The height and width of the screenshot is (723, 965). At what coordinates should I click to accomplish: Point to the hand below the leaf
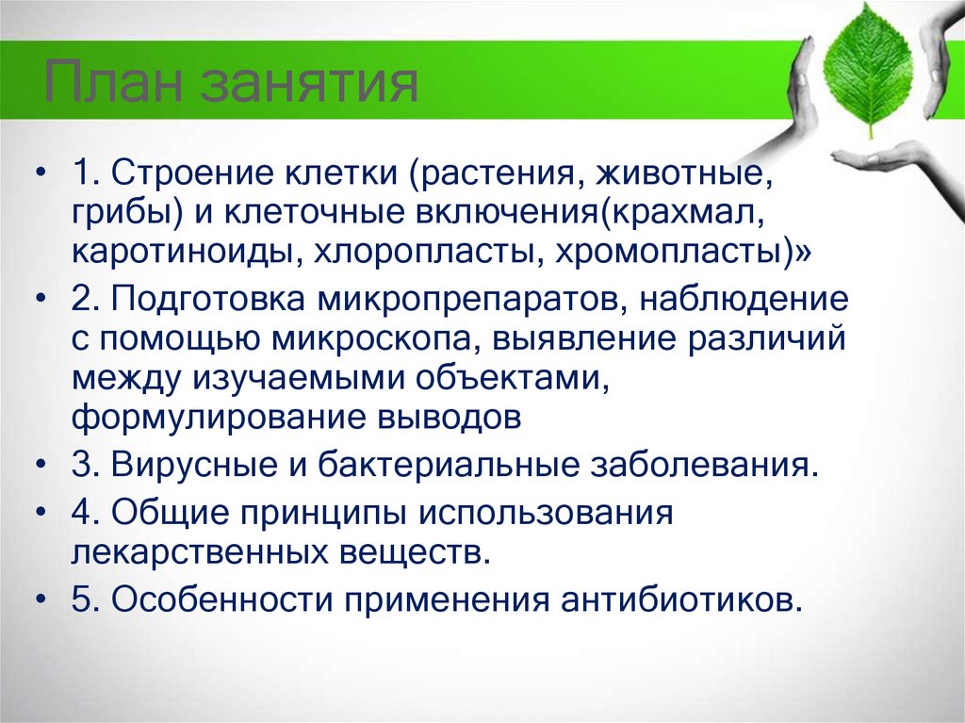coord(895,159)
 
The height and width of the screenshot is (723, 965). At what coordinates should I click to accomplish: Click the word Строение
coord(186,173)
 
